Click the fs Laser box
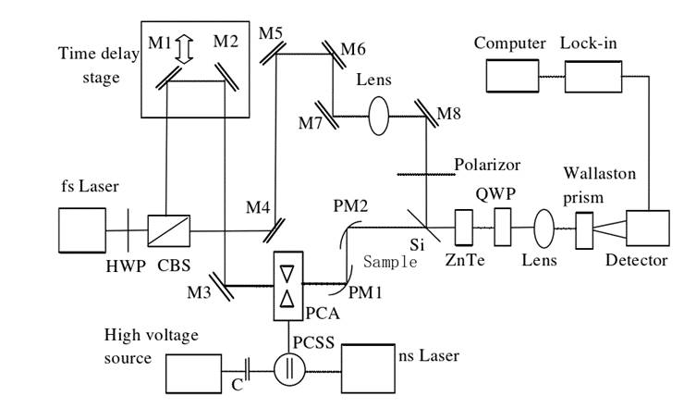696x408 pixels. click(x=83, y=229)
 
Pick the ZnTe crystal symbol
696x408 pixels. click(x=464, y=225)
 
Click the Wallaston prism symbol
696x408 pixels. click(x=584, y=229)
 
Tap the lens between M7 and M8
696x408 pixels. click(x=380, y=117)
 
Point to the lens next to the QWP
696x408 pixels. click(x=543, y=227)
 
